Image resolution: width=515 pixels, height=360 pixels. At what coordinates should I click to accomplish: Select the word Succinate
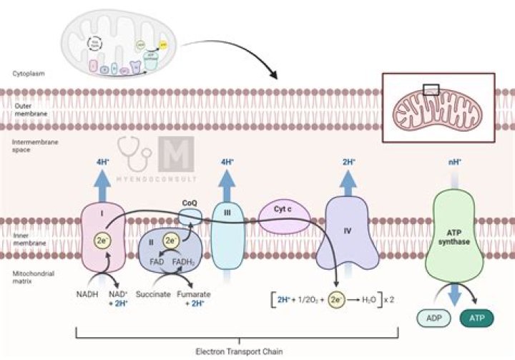[x=152, y=293]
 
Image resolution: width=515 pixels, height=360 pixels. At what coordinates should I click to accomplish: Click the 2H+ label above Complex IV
[x=349, y=161]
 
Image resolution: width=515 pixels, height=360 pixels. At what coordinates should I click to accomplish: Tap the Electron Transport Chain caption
[x=237, y=351]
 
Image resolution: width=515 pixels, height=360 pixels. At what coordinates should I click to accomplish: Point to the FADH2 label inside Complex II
[x=190, y=262]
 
